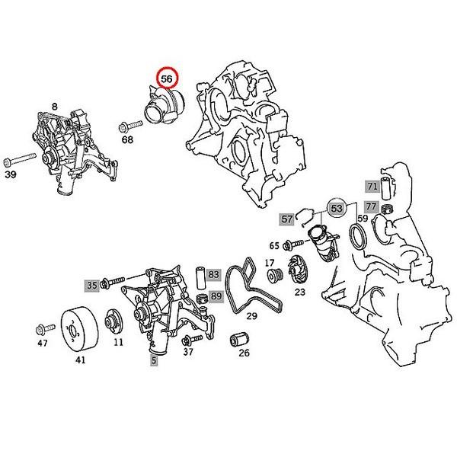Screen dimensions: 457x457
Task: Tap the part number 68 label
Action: coord(126,139)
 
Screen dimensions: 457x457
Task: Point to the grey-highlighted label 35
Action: coord(91,285)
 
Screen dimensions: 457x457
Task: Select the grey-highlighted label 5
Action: coord(155,361)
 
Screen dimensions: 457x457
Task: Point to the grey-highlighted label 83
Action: coord(214,273)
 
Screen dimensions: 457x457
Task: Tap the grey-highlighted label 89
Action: coord(216,296)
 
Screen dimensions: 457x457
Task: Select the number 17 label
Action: coord(270,264)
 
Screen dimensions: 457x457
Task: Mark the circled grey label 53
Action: coord(337,207)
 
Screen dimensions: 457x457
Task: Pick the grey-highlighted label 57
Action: coord(287,219)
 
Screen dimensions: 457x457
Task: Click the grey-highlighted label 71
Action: coord(372,187)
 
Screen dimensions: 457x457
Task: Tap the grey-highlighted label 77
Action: coord(370,207)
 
